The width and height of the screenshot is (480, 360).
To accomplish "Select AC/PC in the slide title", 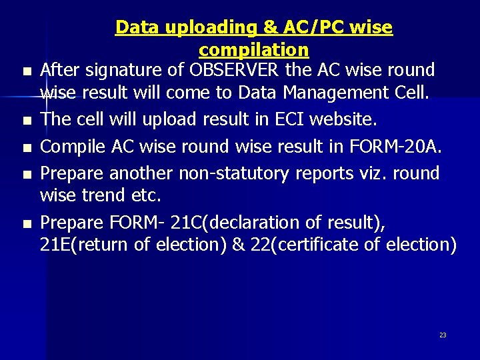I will tap(315, 27).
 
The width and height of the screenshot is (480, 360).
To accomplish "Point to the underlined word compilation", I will tap(253, 50).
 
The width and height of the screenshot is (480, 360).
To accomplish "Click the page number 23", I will tap(443, 335).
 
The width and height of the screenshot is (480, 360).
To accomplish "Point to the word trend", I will tap(105, 195).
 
